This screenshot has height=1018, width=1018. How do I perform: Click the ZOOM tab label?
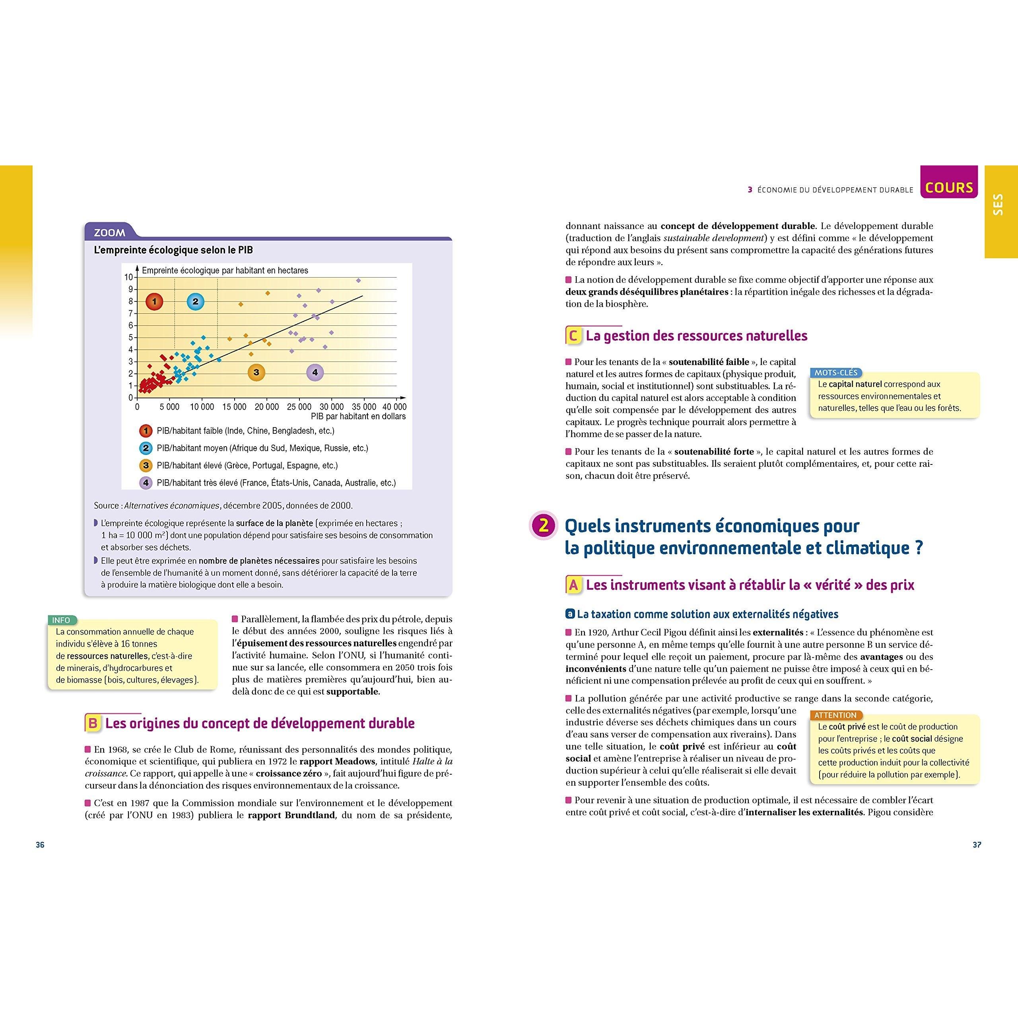(x=110, y=232)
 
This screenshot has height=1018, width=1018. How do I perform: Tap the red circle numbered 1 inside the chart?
(x=154, y=302)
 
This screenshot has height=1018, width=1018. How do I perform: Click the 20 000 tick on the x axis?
(x=266, y=407)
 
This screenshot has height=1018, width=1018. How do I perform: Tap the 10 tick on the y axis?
(x=128, y=277)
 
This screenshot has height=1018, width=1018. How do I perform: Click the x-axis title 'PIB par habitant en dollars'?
(x=358, y=416)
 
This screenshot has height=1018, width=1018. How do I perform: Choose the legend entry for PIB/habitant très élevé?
(x=276, y=483)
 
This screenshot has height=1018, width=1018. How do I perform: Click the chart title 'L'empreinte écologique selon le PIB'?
(x=173, y=250)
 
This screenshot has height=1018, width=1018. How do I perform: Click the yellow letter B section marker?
(x=93, y=723)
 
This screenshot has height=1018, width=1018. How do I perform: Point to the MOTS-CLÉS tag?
(x=836, y=373)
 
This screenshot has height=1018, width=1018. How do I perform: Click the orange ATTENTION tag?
(x=835, y=715)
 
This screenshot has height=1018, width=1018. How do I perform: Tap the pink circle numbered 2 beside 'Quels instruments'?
(x=544, y=526)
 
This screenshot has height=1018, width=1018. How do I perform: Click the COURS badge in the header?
(x=949, y=188)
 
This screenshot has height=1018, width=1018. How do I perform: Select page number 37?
(x=976, y=845)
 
